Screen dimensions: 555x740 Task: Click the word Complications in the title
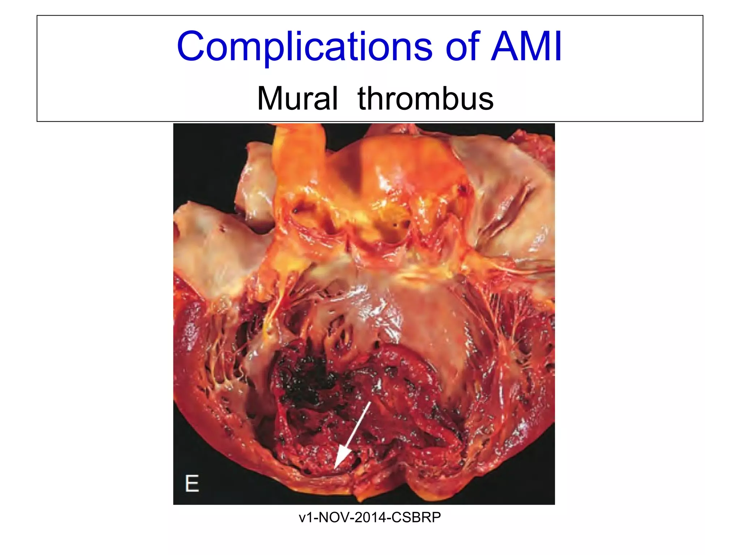305,47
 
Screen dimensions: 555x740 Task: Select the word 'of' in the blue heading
463,47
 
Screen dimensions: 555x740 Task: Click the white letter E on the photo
192,483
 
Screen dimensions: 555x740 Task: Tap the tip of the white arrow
335,468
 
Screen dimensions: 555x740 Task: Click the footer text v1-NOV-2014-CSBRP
370,517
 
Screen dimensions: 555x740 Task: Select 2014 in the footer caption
370,517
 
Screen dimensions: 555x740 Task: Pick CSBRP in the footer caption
416,517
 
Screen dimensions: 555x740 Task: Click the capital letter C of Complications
190,47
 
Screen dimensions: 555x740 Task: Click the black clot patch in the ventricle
311,379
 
